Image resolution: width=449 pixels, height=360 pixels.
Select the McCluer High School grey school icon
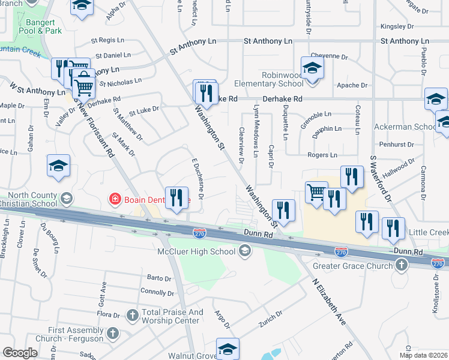point(244,251)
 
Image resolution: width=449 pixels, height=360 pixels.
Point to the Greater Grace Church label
point(352,265)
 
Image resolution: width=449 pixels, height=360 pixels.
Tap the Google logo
point(20,353)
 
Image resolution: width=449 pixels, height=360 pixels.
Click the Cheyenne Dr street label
point(324,56)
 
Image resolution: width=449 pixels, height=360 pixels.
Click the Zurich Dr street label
point(271,317)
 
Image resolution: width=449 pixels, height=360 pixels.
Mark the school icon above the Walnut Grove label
point(228,349)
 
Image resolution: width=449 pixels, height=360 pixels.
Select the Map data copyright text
point(423,355)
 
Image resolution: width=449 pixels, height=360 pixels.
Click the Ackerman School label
point(405,127)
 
